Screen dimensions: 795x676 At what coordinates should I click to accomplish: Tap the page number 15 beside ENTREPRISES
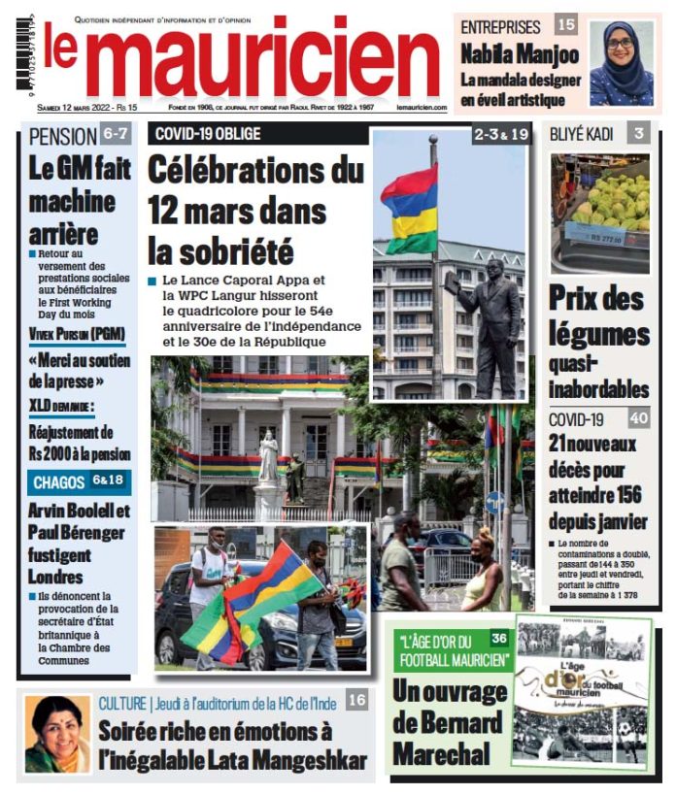click(565, 26)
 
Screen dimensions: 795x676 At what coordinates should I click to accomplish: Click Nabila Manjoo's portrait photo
click(621, 62)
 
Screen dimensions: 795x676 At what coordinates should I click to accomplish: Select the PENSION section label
click(63, 136)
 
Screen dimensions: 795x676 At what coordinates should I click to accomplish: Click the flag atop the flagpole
click(409, 208)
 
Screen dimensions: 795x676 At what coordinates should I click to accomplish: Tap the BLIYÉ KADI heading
click(582, 134)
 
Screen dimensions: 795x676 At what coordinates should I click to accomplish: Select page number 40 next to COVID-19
click(638, 419)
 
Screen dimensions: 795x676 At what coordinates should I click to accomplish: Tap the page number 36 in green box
click(498, 638)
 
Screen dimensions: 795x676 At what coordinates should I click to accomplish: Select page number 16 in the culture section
click(356, 699)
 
